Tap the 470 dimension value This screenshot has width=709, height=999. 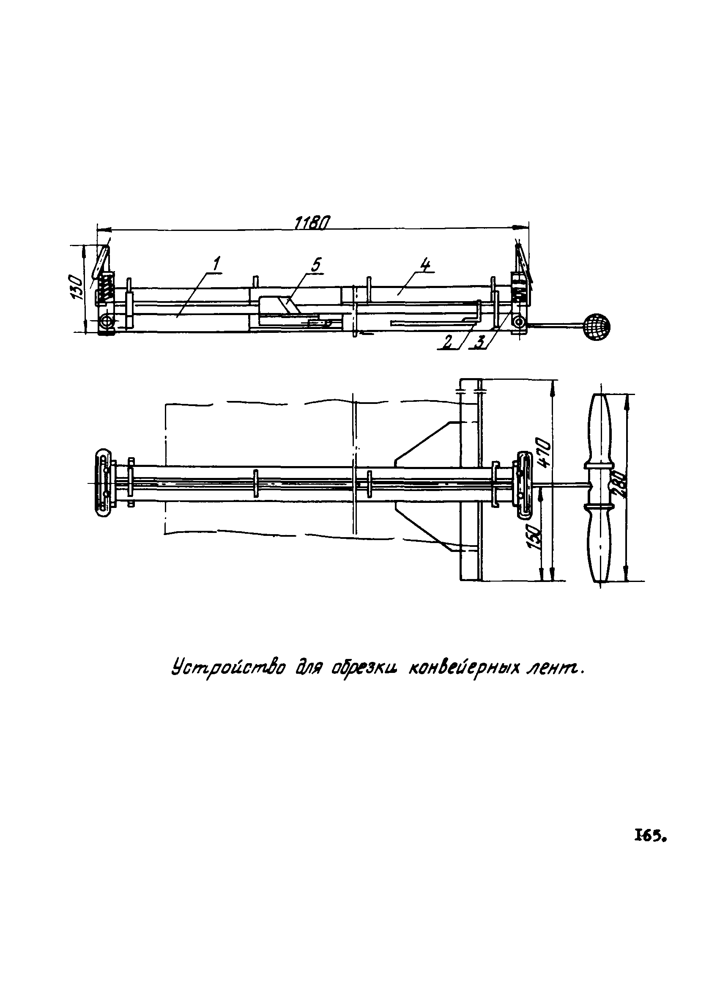click(546, 453)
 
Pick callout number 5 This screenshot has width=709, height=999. click(316, 265)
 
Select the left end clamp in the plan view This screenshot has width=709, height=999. click(105, 483)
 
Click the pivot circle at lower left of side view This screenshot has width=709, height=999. click(106, 323)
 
